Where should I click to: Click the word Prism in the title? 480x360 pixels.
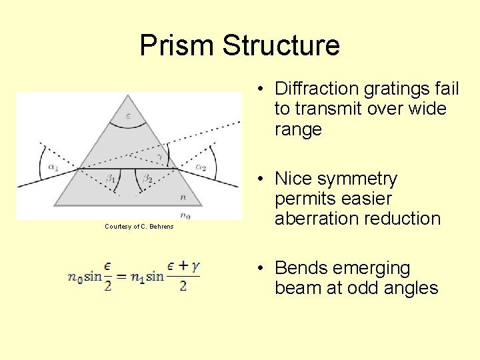[177, 45]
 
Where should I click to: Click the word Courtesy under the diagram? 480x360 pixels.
[118, 227]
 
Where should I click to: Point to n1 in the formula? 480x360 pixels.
[137, 277]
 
